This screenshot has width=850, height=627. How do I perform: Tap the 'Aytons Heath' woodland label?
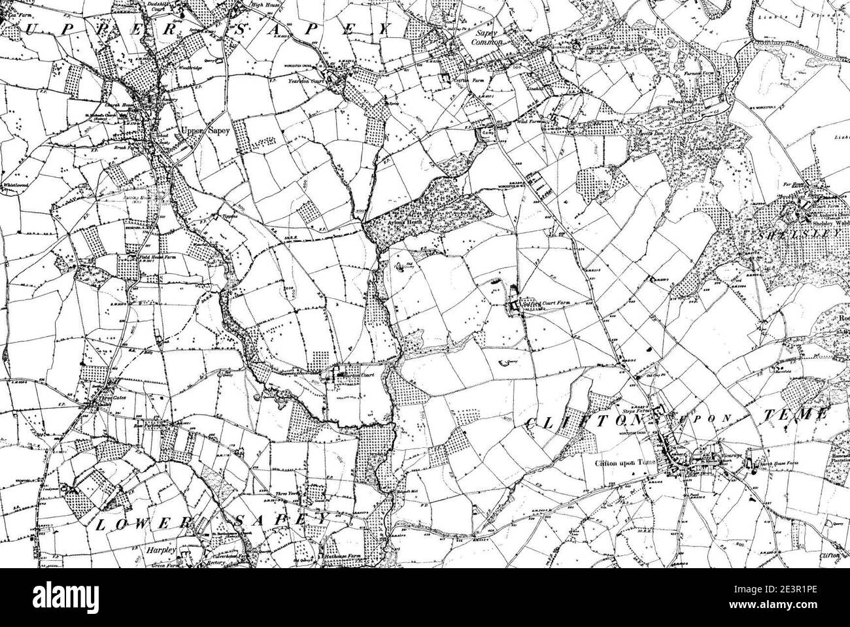[x=405, y=222]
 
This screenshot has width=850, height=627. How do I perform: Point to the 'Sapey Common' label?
[x=489, y=37]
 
